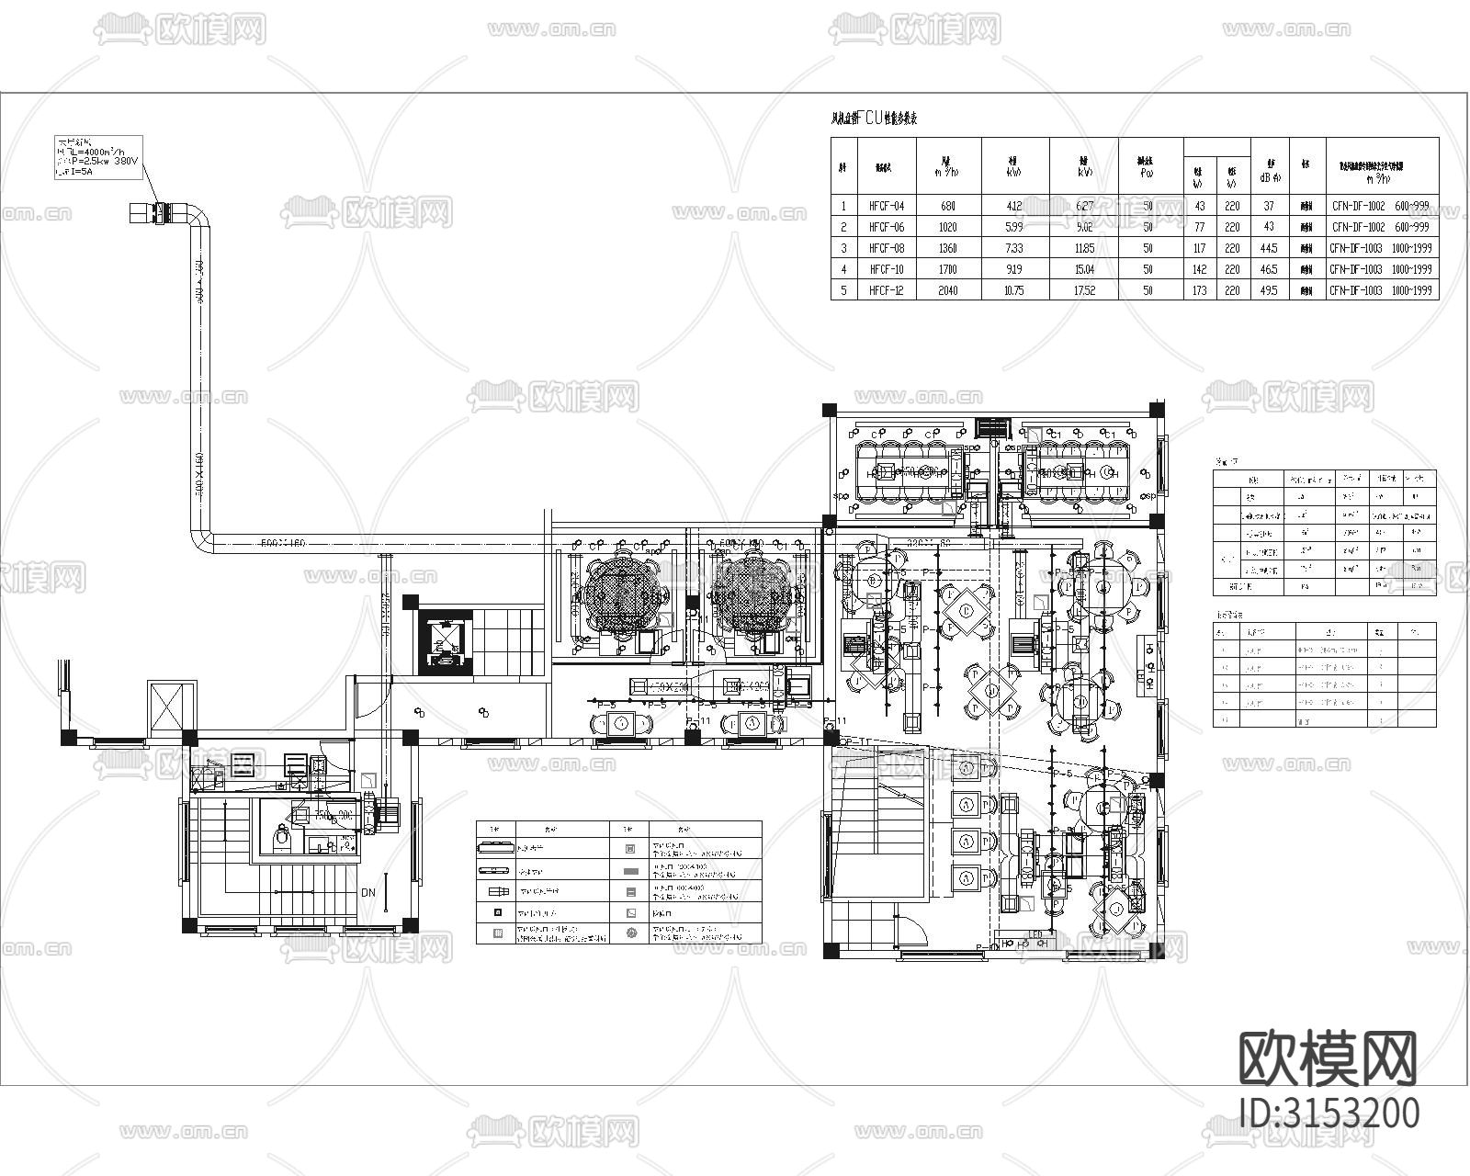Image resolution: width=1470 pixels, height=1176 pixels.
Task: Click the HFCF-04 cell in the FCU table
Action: coord(887,207)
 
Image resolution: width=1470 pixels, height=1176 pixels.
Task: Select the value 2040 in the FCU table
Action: coord(947,290)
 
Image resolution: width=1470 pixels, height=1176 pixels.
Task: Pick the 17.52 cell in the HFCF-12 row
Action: coord(1084,290)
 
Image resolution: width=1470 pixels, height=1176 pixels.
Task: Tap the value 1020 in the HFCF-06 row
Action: coord(947,227)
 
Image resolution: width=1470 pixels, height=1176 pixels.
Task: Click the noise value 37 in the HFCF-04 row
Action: coord(1269,207)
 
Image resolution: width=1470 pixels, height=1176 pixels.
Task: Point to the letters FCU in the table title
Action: coord(869,119)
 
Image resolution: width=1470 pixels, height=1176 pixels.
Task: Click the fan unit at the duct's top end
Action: coord(147,213)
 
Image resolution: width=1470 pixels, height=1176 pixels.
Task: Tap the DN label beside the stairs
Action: coord(367,892)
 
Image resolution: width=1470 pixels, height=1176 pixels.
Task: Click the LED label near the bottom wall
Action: coord(1036,942)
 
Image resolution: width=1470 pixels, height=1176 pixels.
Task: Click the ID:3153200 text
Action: coord(1328,1113)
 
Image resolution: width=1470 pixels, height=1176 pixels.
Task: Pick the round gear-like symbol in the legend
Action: coord(630,933)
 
